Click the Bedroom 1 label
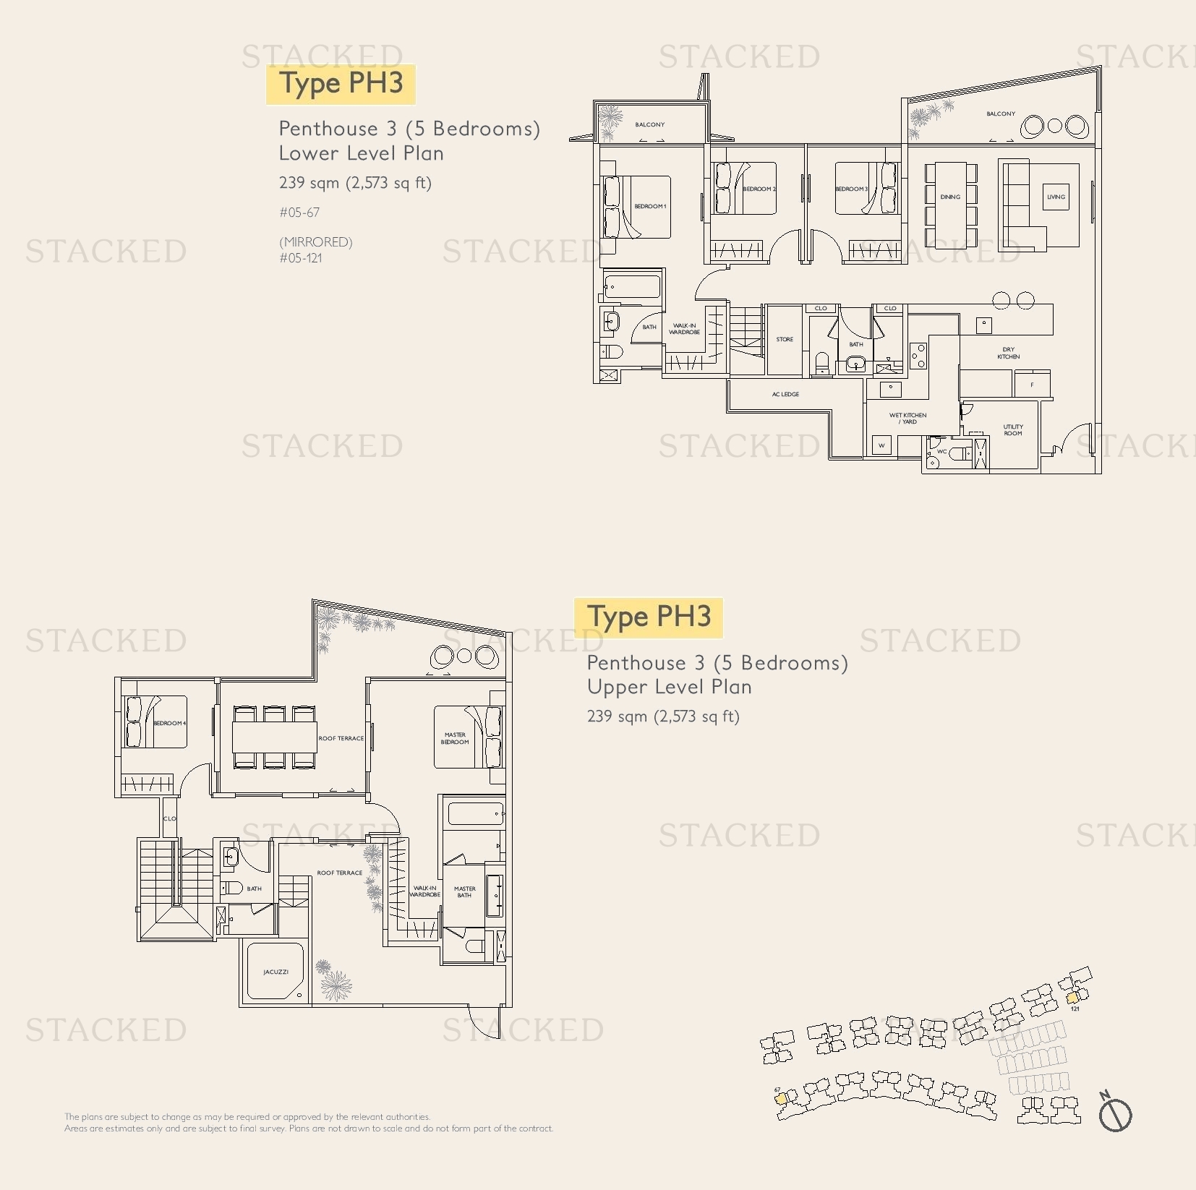click(650, 206)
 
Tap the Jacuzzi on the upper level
click(275, 972)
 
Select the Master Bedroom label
click(455, 738)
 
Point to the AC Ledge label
click(785, 394)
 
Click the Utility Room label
click(1012, 430)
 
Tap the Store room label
click(785, 339)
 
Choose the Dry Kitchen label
click(1008, 353)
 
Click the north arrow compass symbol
click(1115, 1114)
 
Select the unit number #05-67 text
click(299, 213)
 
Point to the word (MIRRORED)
click(316, 242)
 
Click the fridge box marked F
click(1032, 385)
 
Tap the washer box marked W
click(881, 445)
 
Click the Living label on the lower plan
click(1056, 197)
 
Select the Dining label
click(950, 197)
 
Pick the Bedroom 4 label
click(169, 723)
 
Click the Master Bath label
click(464, 891)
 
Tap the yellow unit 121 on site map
click(1072, 998)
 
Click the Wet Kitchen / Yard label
click(907, 418)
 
